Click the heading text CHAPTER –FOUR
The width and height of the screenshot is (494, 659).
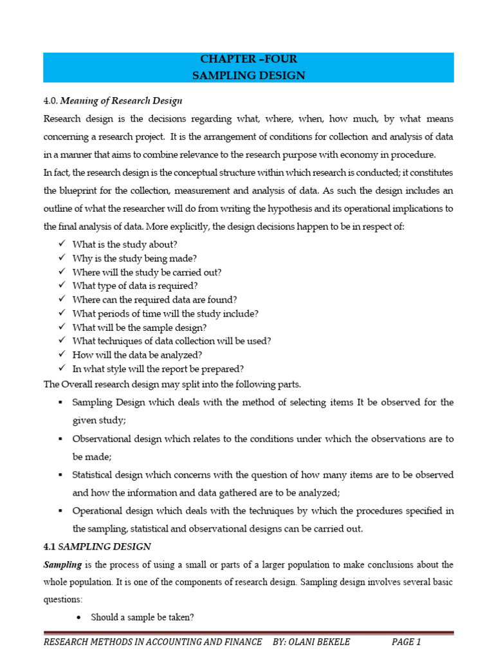coord(248,59)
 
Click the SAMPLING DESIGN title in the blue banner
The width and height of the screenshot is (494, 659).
coord(248,75)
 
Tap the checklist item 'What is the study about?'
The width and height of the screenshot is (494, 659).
coord(125,244)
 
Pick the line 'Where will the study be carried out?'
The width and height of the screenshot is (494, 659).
coord(147,272)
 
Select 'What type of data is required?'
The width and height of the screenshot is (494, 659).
coord(135,286)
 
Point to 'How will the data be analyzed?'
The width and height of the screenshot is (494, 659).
coord(137,355)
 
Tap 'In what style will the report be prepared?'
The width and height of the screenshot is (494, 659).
coord(158,369)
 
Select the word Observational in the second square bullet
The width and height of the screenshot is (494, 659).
coord(100,438)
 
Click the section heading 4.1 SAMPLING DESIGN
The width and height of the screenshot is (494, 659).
coord(97,546)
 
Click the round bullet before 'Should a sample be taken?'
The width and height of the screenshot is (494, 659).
coord(78,617)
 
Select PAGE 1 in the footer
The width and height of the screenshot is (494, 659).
coord(406,642)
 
